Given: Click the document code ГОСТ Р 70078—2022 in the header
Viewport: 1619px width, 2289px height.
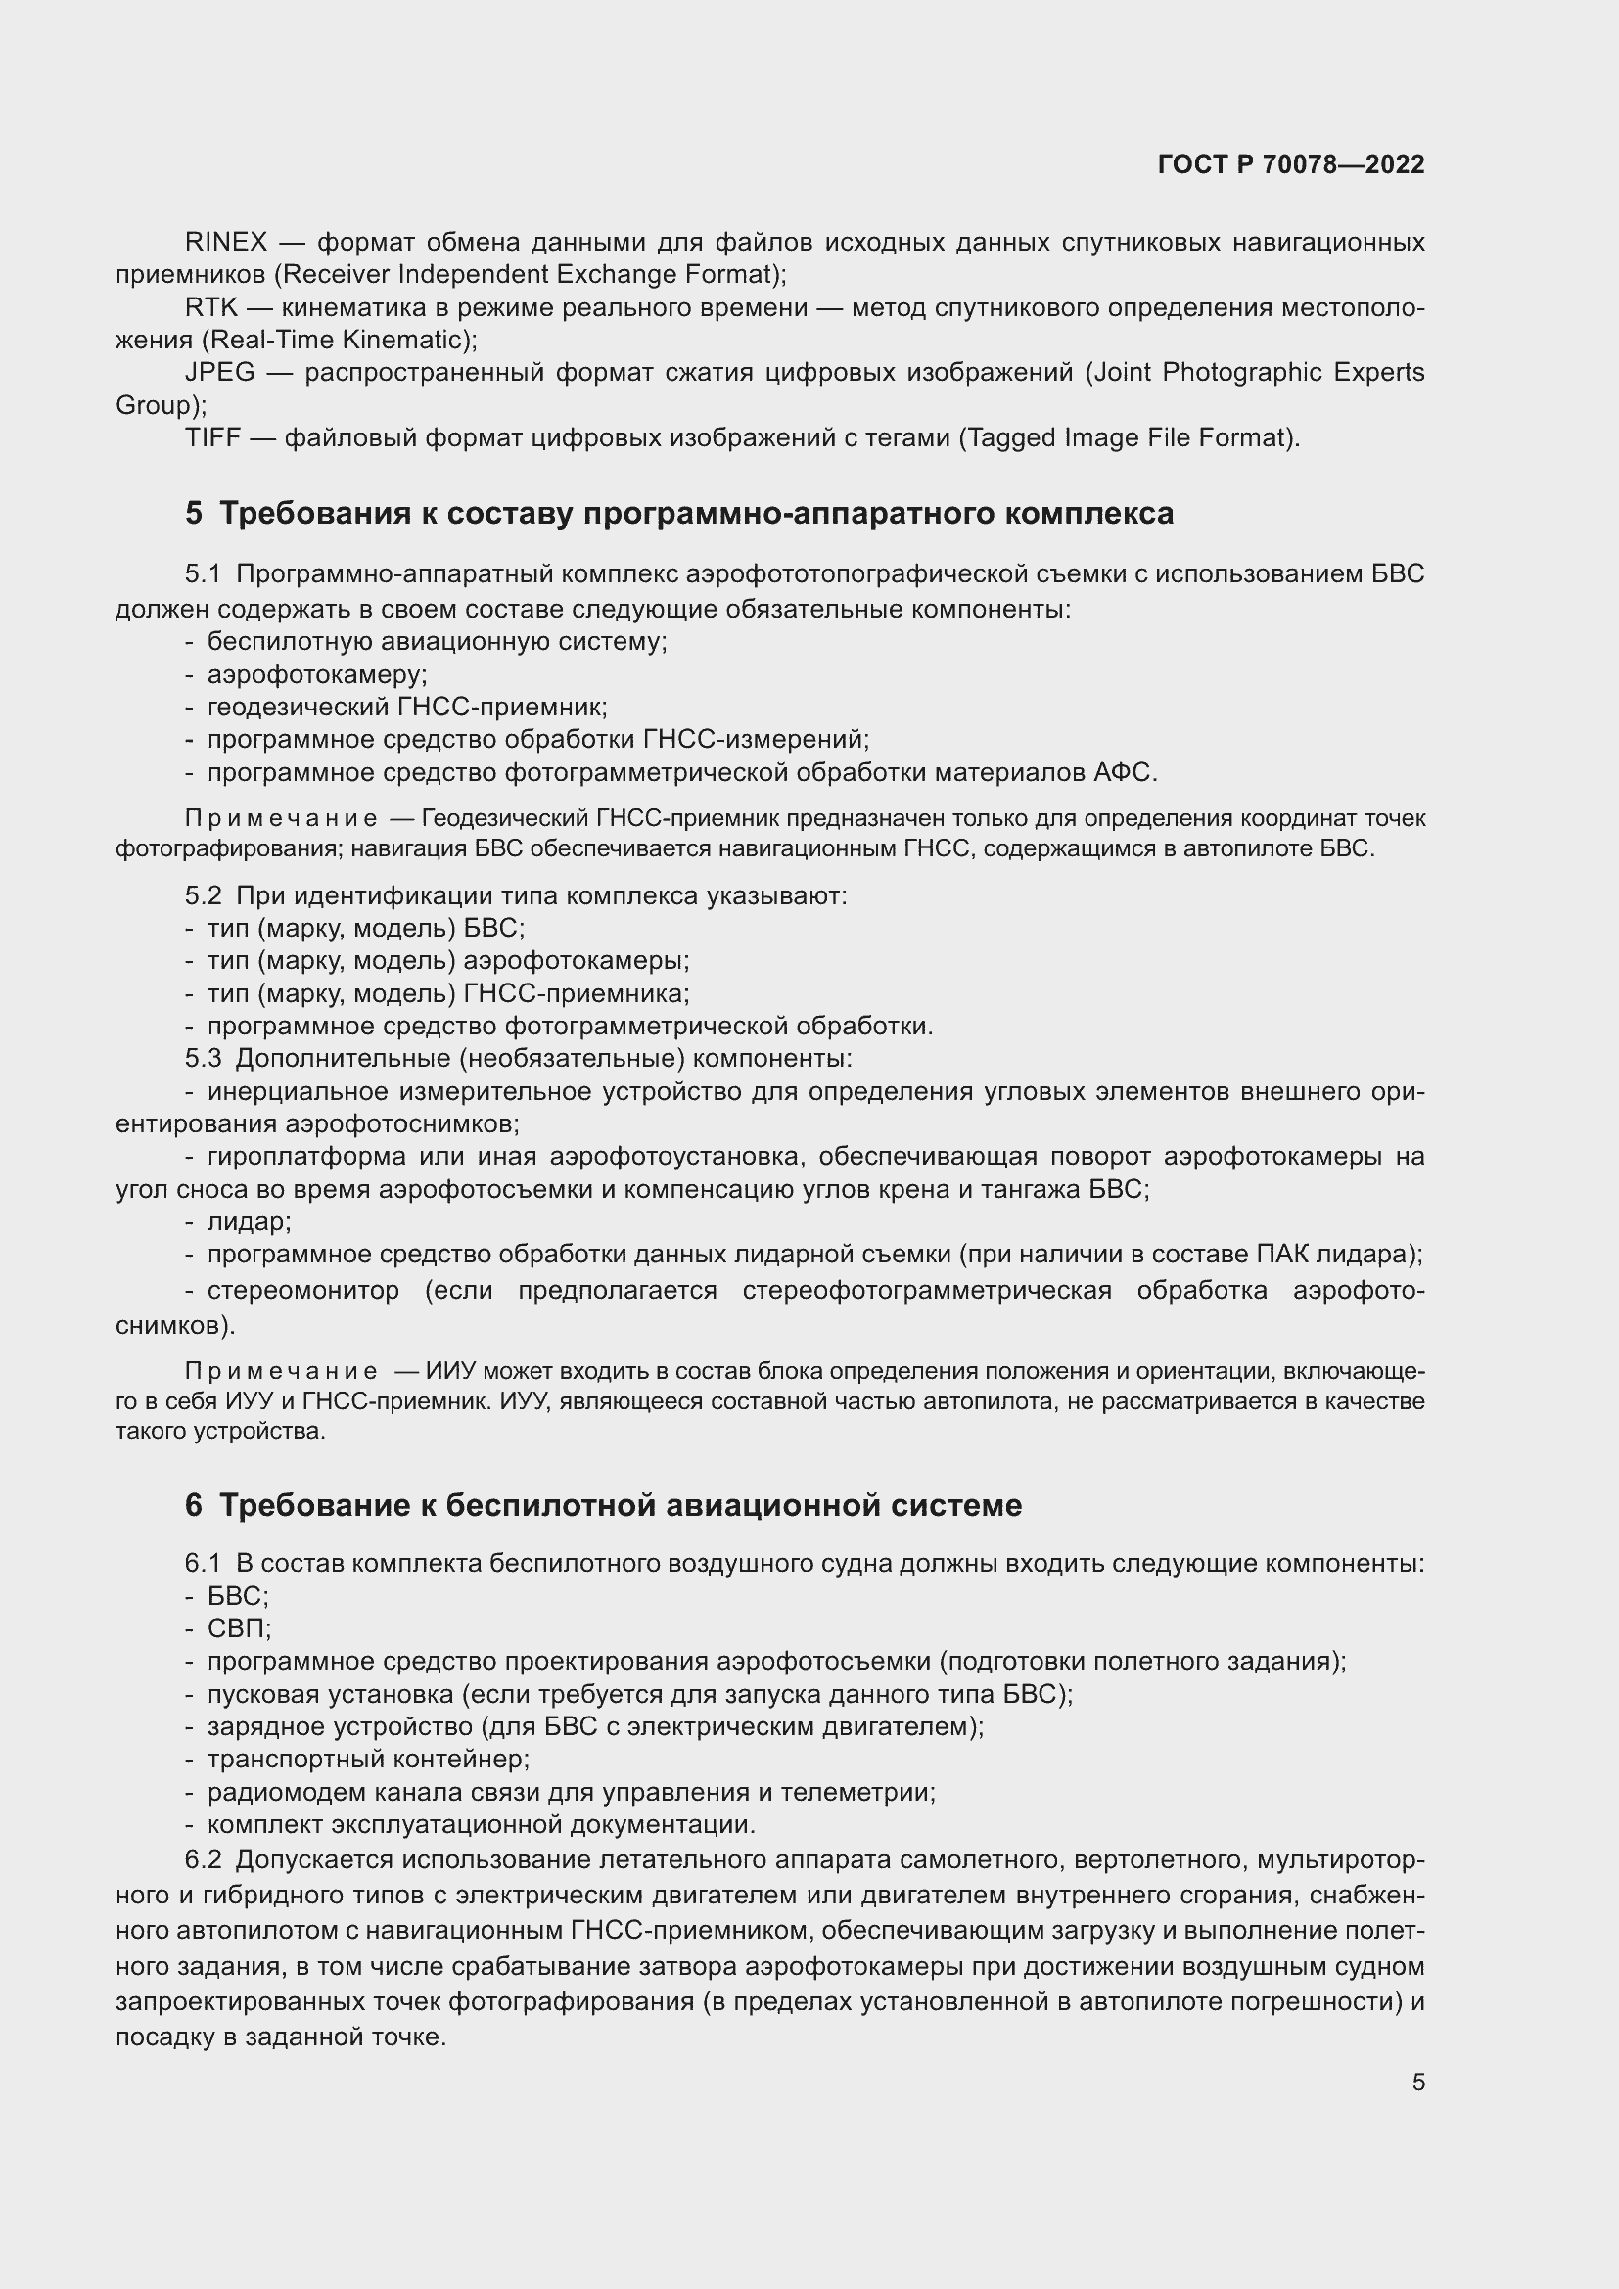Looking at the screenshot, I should click(1291, 164).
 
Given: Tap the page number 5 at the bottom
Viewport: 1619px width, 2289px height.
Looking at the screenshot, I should click(1417, 2082).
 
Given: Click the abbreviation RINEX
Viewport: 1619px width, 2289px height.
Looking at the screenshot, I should click(226, 243).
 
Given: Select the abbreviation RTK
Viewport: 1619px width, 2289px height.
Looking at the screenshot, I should click(211, 308).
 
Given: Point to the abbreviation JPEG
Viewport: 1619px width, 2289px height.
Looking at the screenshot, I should click(219, 373).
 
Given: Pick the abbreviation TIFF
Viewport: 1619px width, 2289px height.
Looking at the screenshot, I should click(212, 437).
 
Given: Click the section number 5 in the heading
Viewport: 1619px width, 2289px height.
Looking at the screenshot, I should click(194, 514).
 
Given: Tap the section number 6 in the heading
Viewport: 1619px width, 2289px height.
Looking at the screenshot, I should click(194, 1504).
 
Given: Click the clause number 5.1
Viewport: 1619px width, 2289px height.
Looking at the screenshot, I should click(203, 574).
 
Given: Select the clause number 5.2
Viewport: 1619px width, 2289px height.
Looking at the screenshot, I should click(203, 896).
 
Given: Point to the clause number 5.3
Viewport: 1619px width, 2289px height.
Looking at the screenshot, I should click(203, 1058).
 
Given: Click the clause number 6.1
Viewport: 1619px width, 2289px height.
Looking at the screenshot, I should click(203, 1563).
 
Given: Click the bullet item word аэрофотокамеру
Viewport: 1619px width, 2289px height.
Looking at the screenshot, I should click(316, 675).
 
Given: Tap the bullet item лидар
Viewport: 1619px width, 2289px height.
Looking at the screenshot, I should click(248, 1221).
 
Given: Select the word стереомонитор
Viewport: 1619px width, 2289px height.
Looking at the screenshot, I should click(303, 1291).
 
